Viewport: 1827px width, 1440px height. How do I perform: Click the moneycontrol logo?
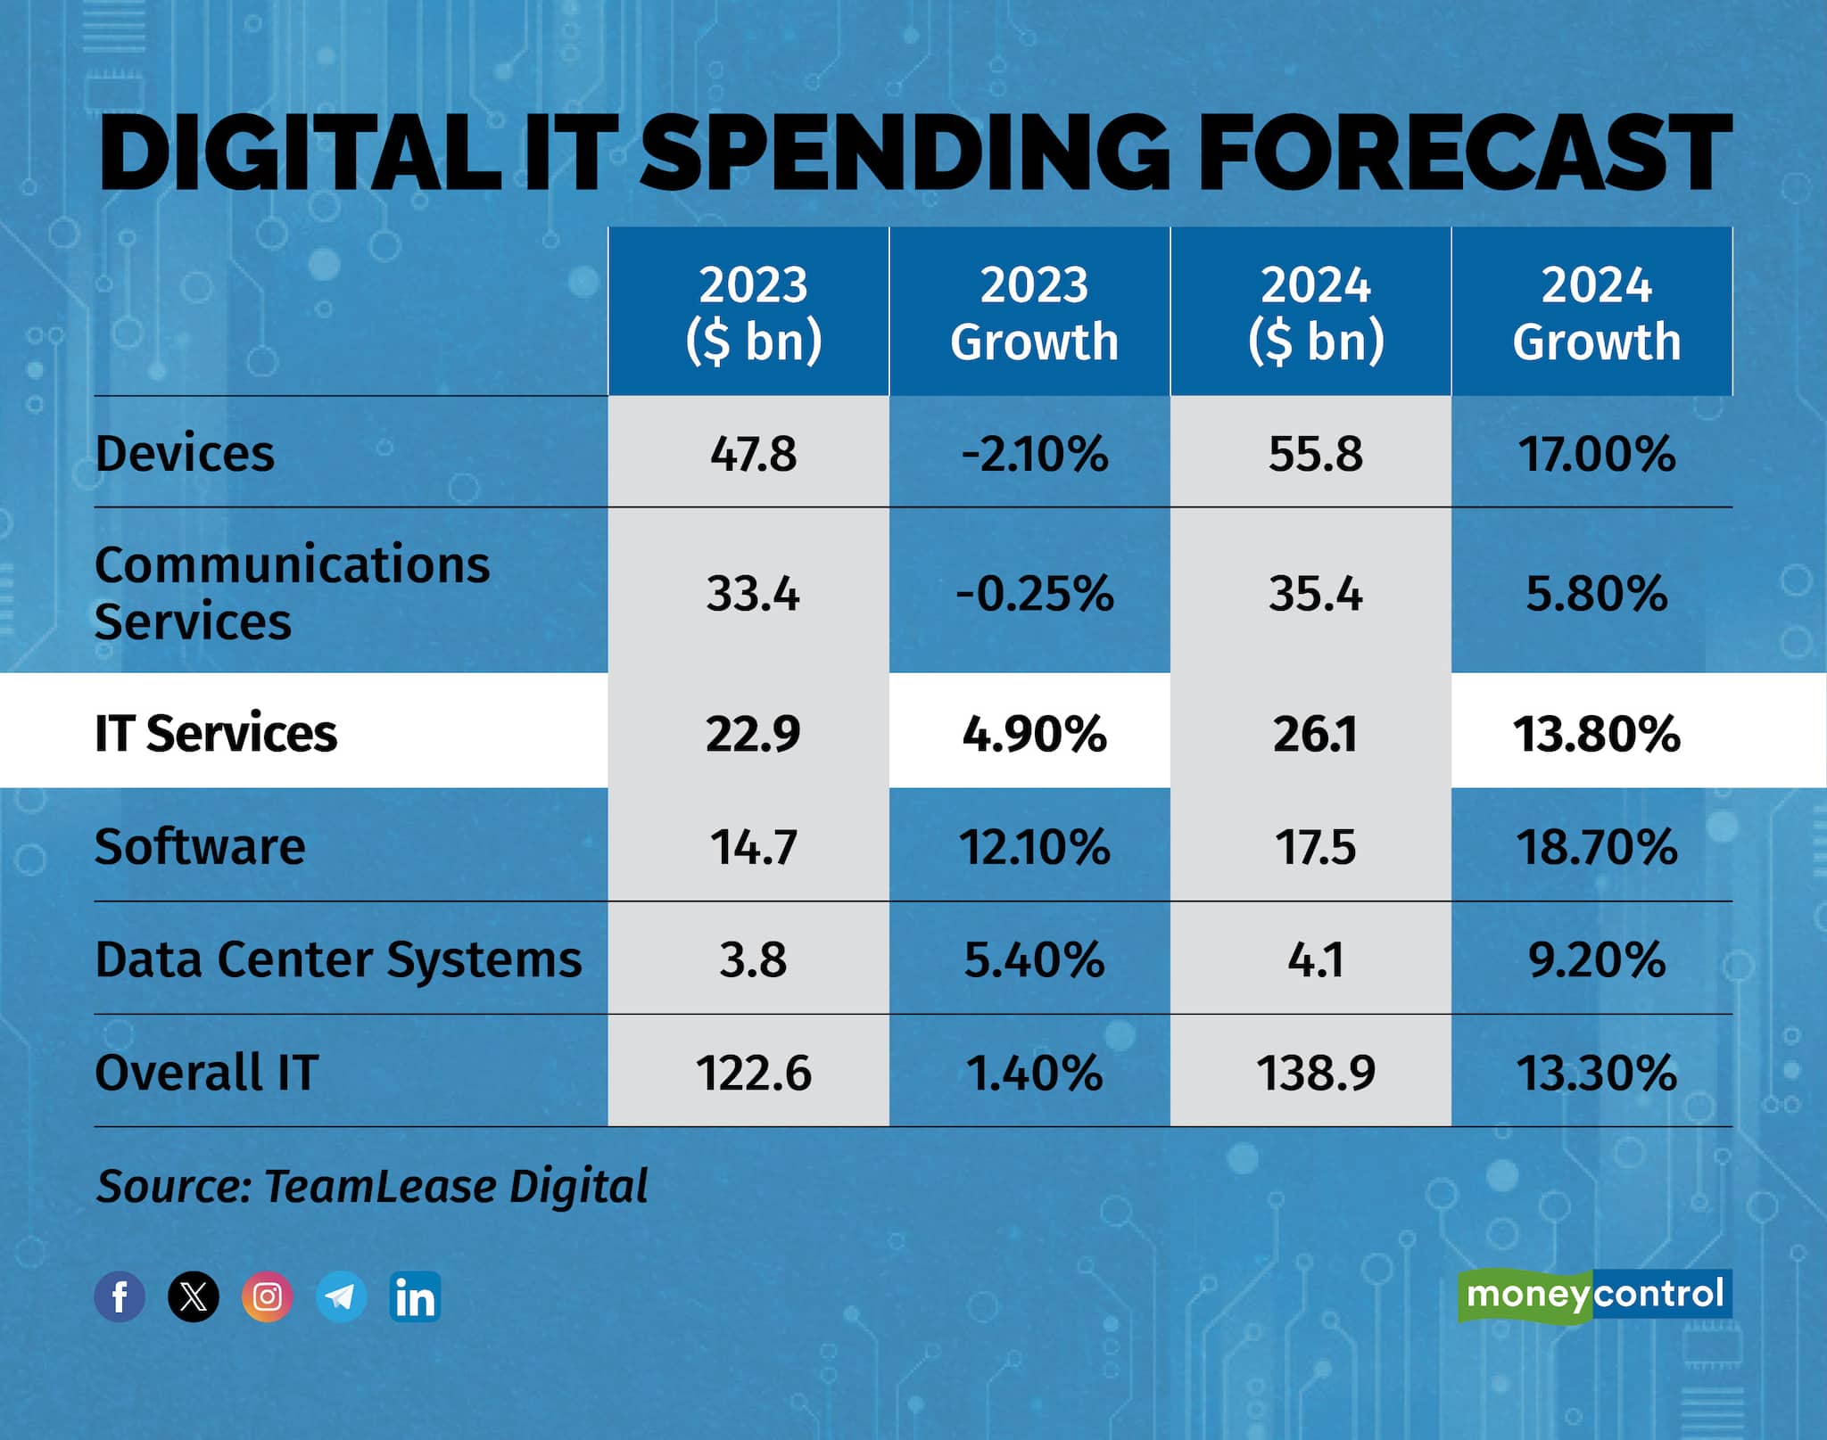(x=1594, y=1294)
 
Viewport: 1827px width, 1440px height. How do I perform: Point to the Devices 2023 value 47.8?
(x=753, y=454)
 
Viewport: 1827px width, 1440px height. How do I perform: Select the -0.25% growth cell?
(x=1034, y=594)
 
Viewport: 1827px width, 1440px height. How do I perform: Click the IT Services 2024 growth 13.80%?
(x=1595, y=734)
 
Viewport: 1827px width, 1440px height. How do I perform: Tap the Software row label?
(x=200, y=846)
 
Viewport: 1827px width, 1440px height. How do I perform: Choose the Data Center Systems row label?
(x=338, y=959)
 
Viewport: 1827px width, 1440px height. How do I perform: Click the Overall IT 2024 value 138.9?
(x=1315, y=1073)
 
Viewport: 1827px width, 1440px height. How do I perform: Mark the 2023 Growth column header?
(x=1034, y=313)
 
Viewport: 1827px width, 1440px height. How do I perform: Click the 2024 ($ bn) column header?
(x=1315, y=313)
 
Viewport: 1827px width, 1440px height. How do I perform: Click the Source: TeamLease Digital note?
(x=371, y=1186)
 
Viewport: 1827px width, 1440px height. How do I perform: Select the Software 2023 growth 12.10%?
(x=1034, y=846)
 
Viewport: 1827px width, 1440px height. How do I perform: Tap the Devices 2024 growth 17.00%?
(x=1595, y=454)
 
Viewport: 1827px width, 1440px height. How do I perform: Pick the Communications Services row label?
(x=292, y=592)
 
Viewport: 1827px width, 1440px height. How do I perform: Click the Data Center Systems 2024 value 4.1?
(x=1315, y=959)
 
